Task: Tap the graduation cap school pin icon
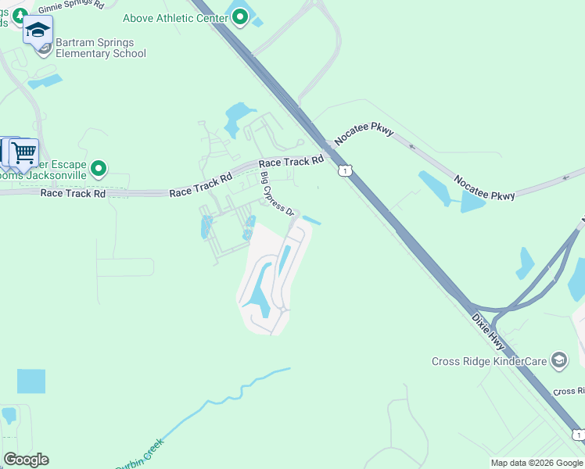37,31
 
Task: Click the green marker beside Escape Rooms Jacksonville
99,168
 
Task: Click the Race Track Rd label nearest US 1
291,162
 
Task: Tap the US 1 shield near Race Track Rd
343,170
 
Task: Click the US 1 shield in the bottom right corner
578,435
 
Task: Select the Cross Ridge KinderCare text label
489,361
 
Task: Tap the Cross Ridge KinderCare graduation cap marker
558,360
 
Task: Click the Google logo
26,460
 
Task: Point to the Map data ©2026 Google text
536,463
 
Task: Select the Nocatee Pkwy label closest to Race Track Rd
362,134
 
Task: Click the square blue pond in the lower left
31,381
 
